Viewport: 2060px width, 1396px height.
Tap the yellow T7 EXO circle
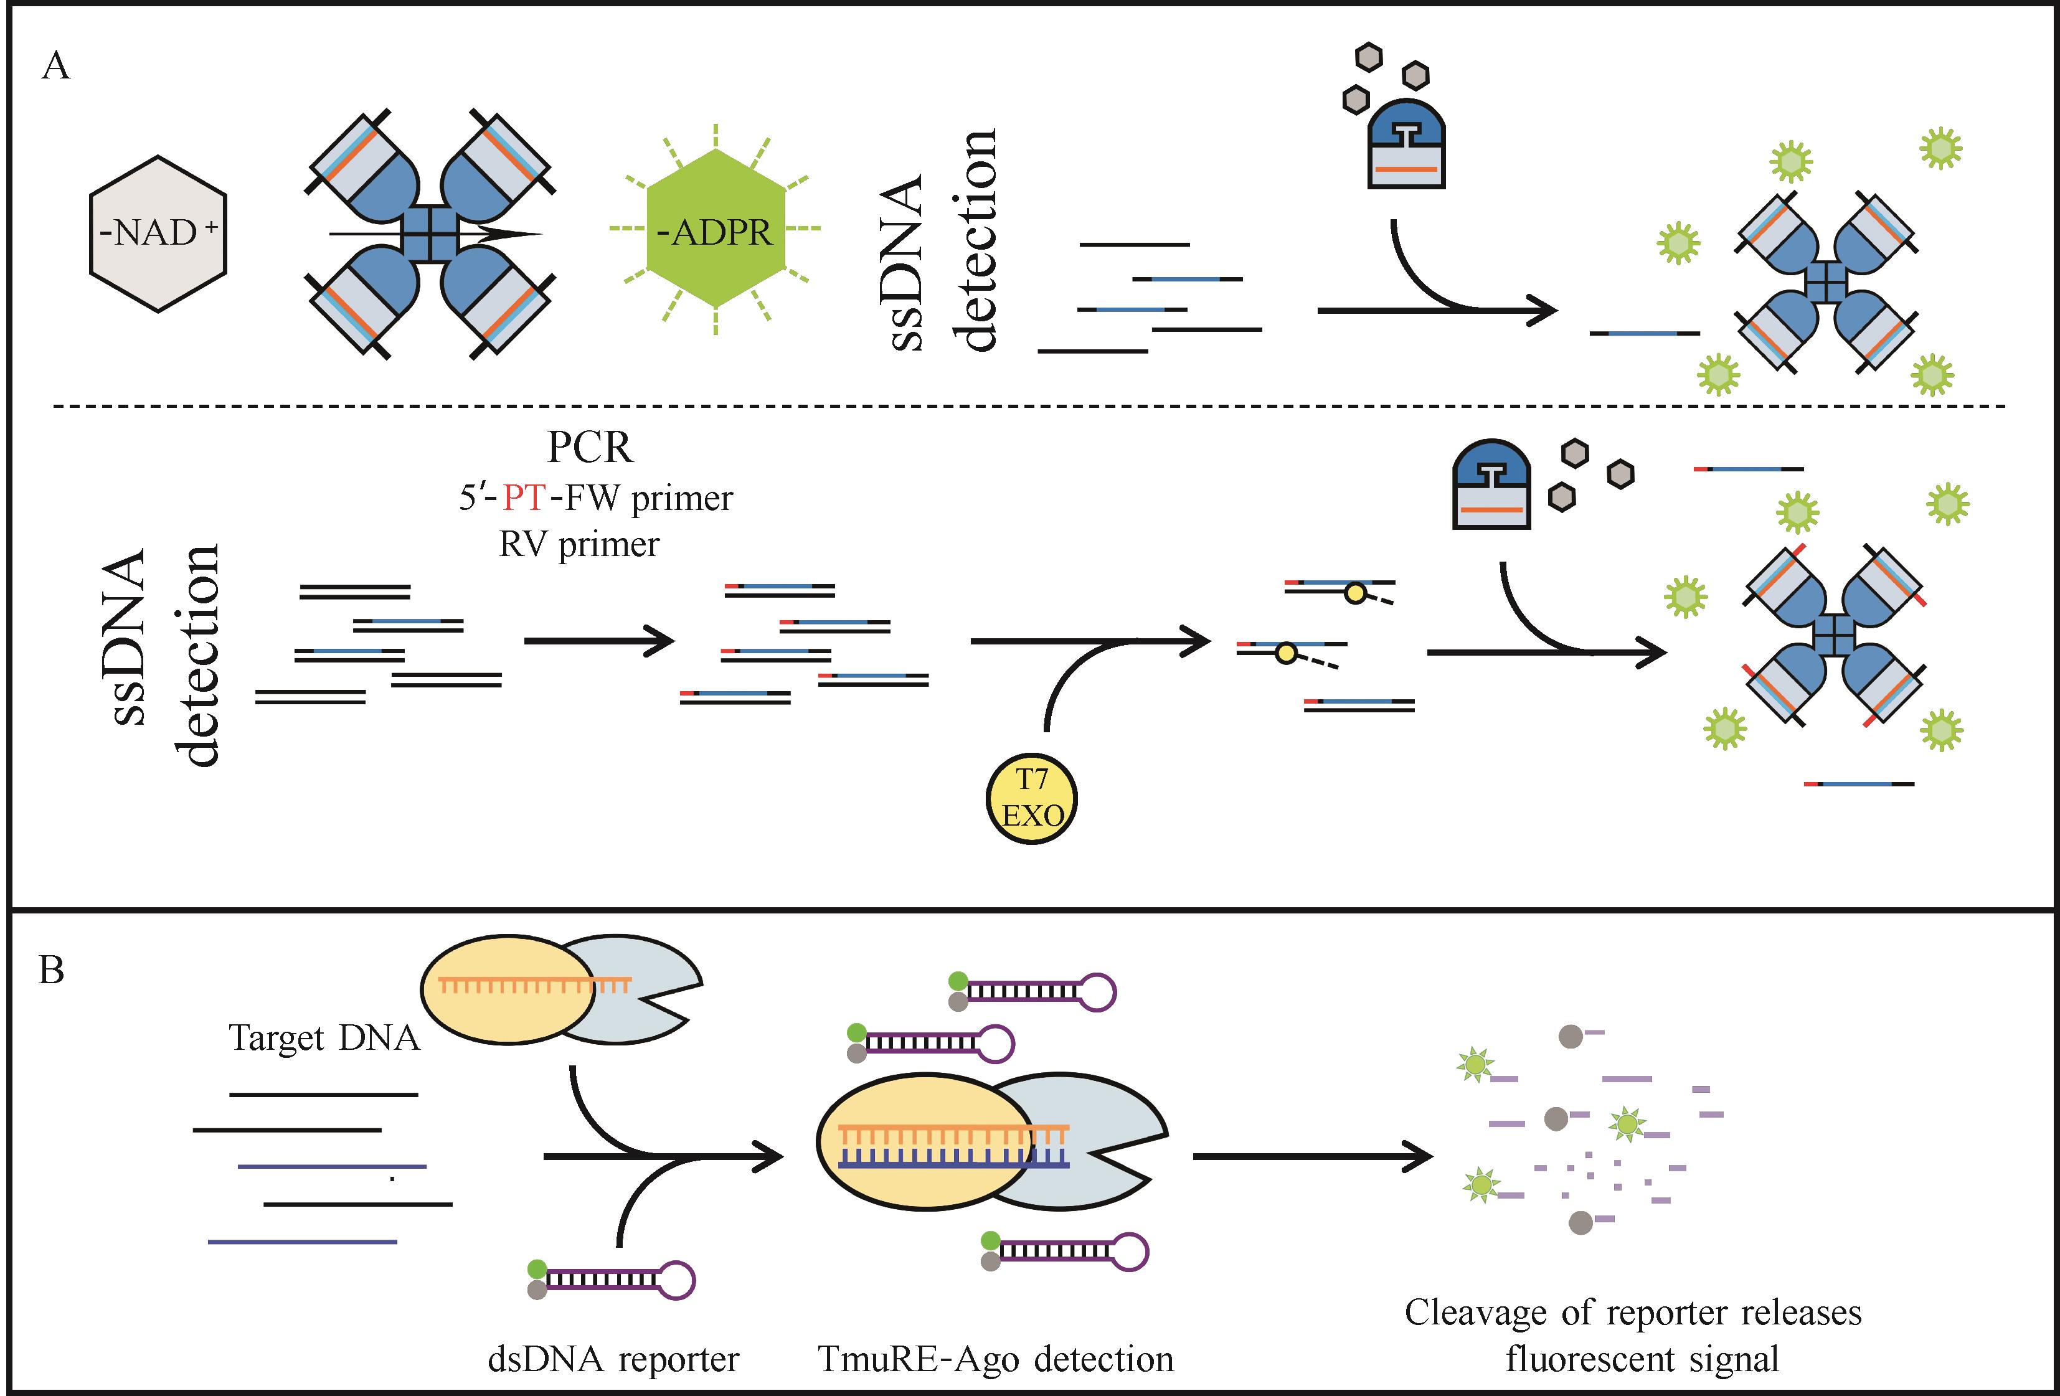pos(1031,798)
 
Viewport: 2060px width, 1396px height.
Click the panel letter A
pos(56,67)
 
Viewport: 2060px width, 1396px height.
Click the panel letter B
pos(52,971)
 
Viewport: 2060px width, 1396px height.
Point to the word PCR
pos(590,448)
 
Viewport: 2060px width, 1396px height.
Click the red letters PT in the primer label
pos(524,498)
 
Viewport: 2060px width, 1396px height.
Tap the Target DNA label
pos(324,1037)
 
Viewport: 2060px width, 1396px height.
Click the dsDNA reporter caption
pos(613,1359)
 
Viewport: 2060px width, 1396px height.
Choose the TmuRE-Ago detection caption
pos(995,1359)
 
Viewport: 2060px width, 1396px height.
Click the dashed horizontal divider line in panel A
pos(1028,406)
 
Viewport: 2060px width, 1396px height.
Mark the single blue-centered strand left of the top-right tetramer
pos(1644,333)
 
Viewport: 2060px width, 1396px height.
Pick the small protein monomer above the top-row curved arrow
pos(1407,147)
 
